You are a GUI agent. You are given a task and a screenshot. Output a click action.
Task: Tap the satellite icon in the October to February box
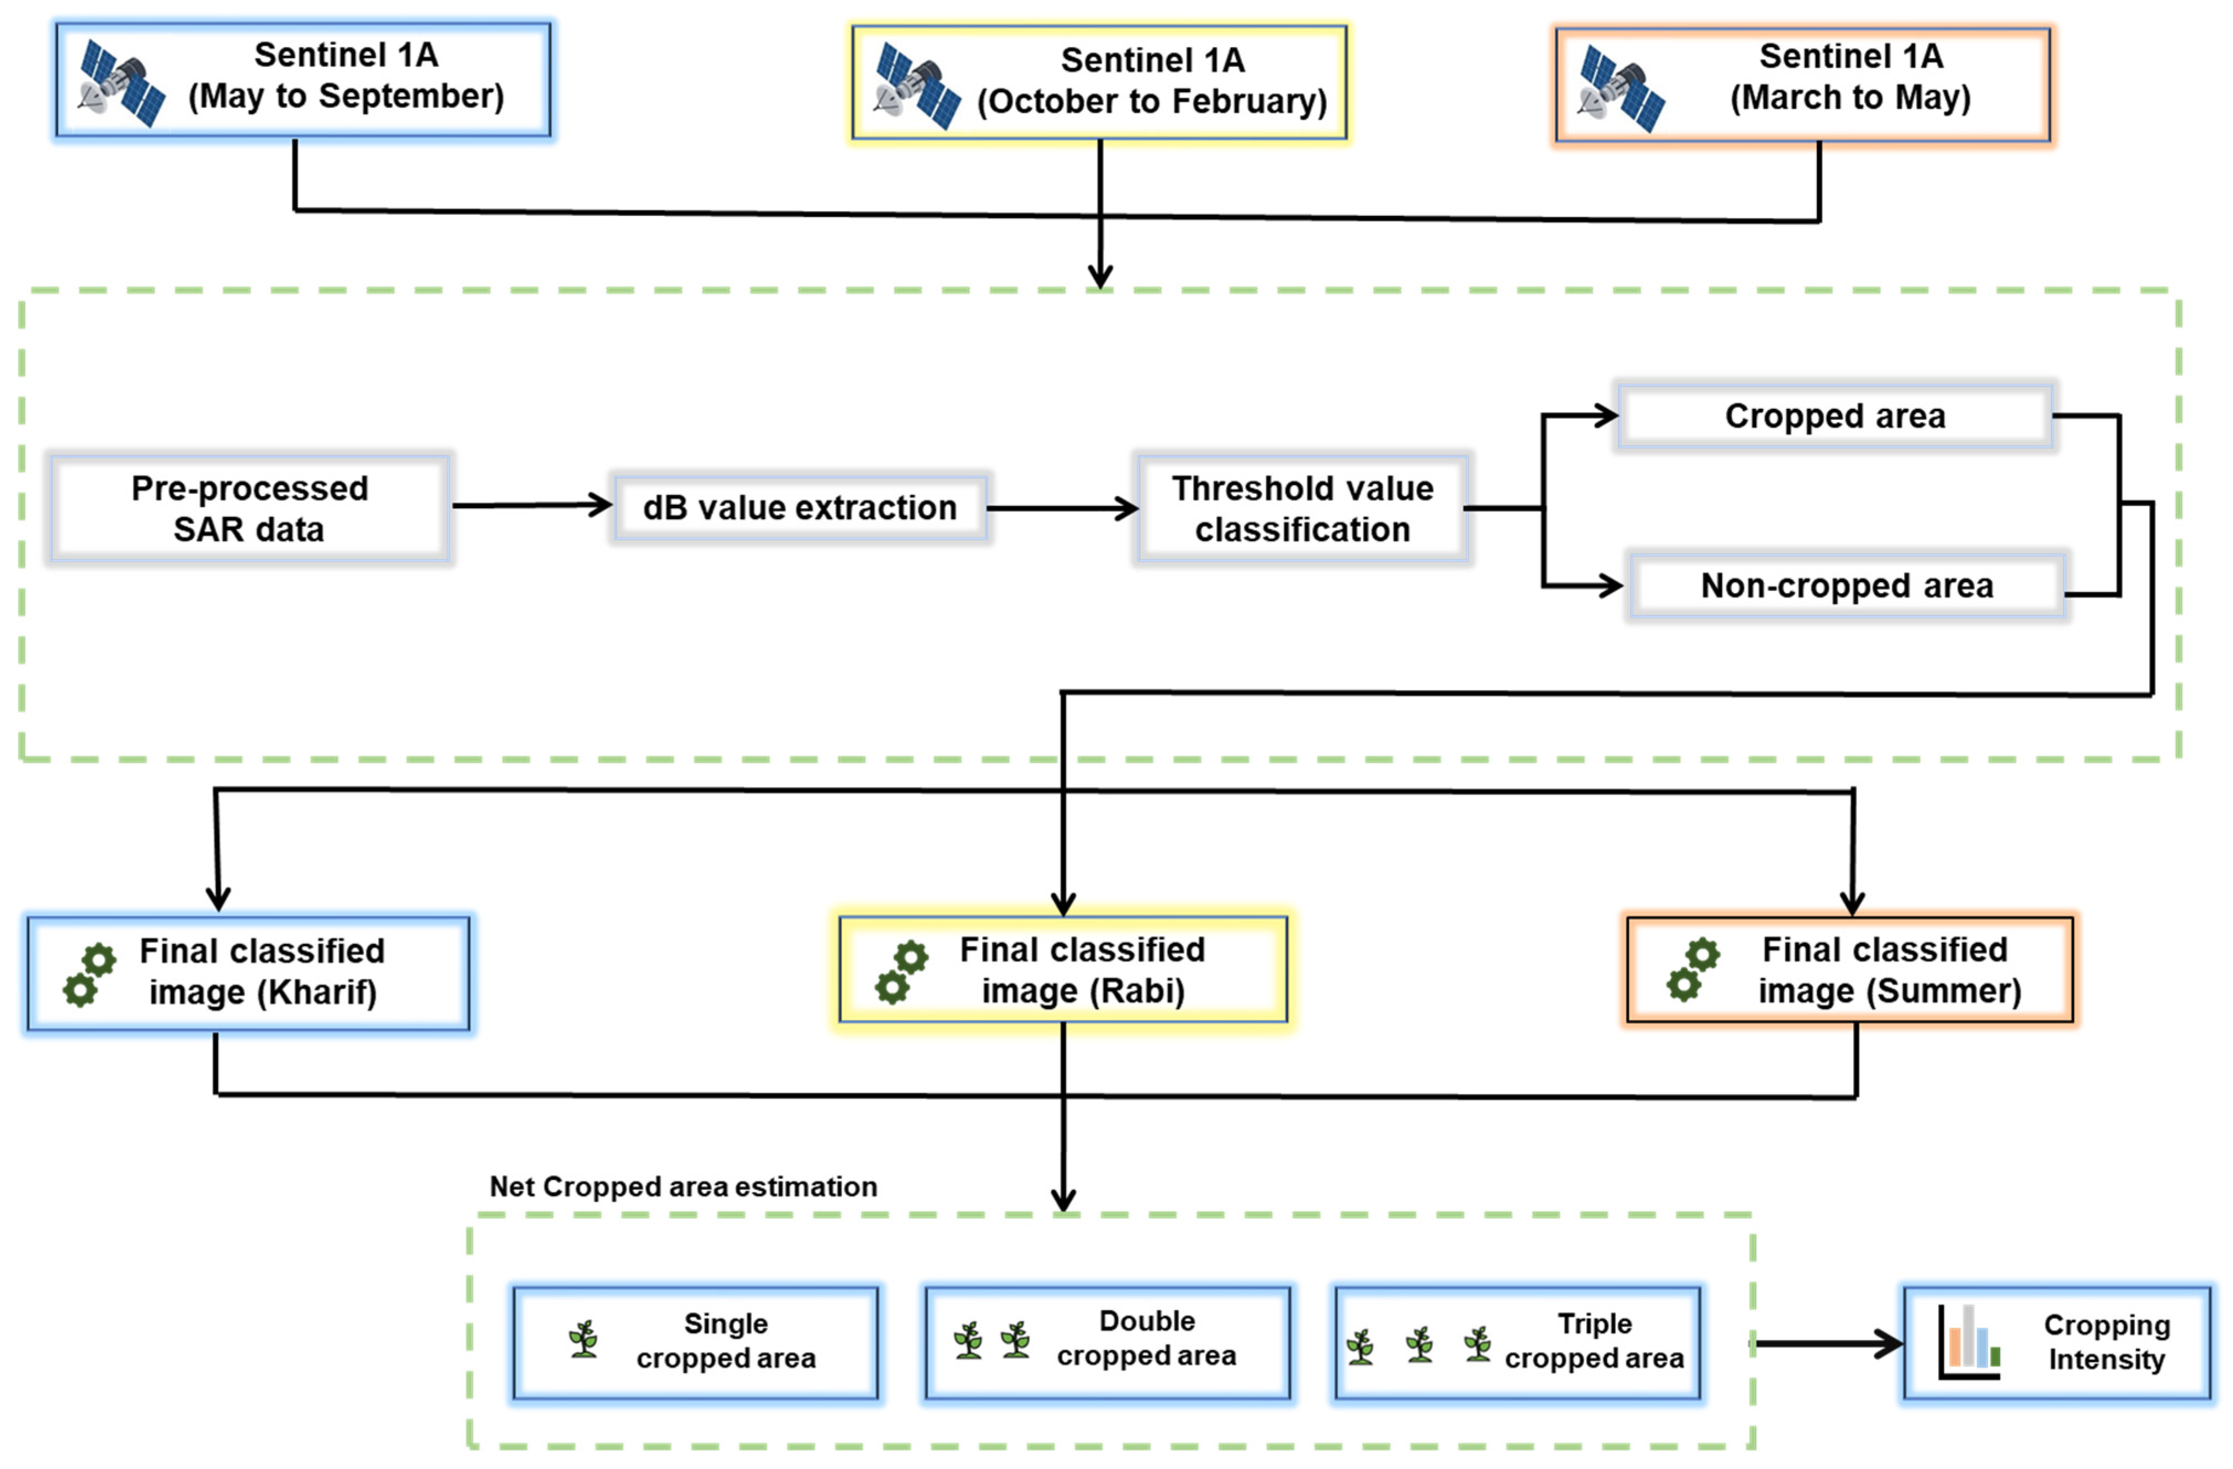pyautogui.click(x=918, y=86)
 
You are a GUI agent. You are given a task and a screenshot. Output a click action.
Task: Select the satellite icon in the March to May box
pyautogui.click(x=1621, y=89)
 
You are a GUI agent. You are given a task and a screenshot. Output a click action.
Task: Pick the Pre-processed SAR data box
pyautogui.click(x=249, y=508)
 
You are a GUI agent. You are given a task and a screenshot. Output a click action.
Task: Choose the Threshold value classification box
pyautogui.click(x=1302, y=508)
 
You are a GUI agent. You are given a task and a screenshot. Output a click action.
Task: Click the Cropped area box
pyautogui.click(x=1835, y=416)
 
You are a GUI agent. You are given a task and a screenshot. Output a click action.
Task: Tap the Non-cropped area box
pyautogui.click(x=1847, y=586)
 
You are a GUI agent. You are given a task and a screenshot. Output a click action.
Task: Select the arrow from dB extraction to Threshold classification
pyautogui.click(x=1062, y=508)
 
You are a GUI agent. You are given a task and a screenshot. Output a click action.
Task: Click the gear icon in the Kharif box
pyautogui.click(x=89, y=976)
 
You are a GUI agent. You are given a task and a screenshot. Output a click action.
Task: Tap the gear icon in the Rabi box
pyautogui.click(x=901, y=973)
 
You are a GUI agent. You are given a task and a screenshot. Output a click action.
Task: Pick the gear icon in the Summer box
pyautogui.click(x=1693, y=970)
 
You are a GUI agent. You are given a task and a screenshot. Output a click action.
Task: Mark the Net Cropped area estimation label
pyautogui.click(x=683, y=1186)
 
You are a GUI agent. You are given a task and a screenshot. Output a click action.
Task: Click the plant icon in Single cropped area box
pyautogui.click(x=583, y=1339)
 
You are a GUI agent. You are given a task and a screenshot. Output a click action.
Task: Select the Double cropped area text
pyautogui.click(x=1146, y=1339)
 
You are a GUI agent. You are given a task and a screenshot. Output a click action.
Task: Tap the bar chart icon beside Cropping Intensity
pyautogui.click(x=1969, y=1342)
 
